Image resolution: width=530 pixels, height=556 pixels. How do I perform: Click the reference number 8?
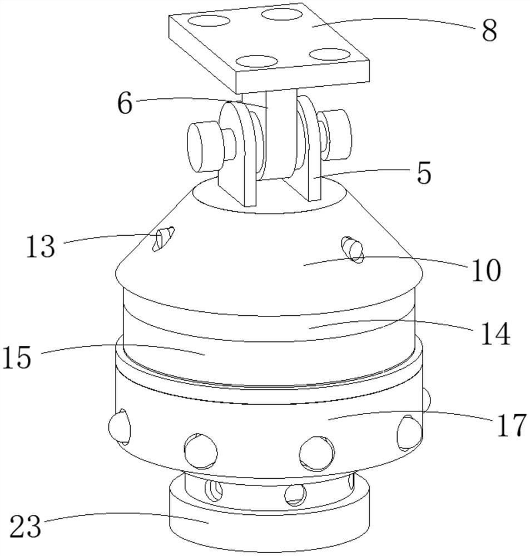[489, 31]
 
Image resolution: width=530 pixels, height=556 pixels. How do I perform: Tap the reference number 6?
[125, 103]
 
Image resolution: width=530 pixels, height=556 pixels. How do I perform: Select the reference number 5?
[424, 173]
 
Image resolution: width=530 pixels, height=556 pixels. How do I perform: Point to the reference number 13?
[41, 246]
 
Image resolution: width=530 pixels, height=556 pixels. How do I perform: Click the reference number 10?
[486, 270]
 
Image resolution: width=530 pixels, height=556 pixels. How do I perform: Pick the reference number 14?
[496, 334]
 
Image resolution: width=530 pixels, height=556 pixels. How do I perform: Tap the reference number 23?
[25, 526]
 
